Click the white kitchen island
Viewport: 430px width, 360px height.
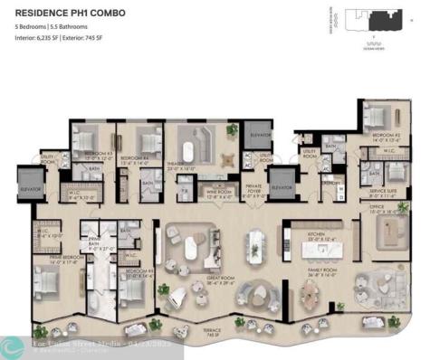[x=256, y=242]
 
